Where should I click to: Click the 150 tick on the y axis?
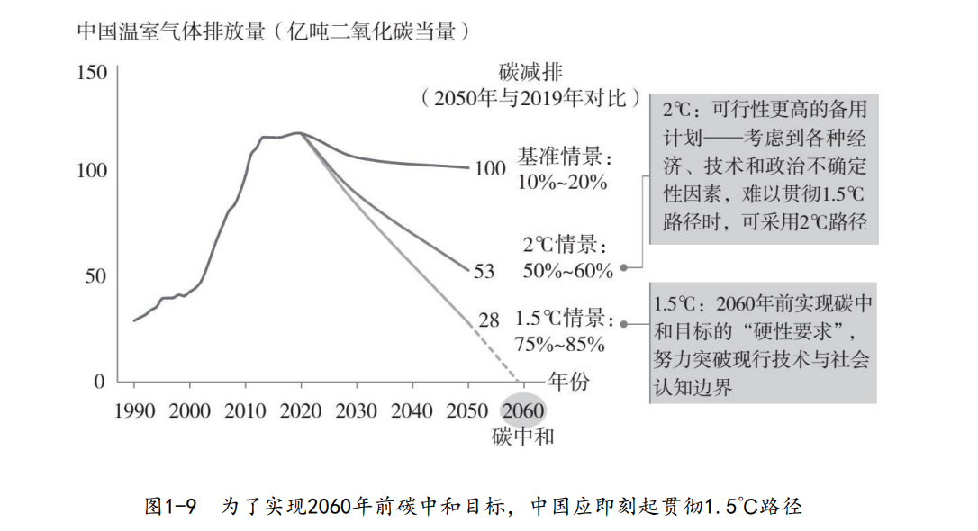pyautogui.click(x=92, y=73)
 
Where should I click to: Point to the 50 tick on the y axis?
pyautogui.click(x=95, y=275)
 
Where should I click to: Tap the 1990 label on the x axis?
pyautogui.click(x=135, y=411)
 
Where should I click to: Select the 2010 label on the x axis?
pyautogui.click(x=246, y=411)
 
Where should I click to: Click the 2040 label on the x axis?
pyautogui.click(x=412, y=411)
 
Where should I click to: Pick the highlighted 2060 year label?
pyautogui.click(x=523, y=411)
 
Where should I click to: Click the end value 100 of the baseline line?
pyautogui.click(x=490, y=168)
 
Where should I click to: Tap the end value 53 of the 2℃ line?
pyautogui.click(x=484, y=270)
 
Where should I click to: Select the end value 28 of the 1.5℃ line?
pyautogui.click(x=488, y=319)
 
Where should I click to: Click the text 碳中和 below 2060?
pyautogui.click(x=523, y=438)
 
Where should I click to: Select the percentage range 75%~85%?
pyautogui.click(x=560, y=344)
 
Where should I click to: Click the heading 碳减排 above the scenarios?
pyautogui.click(x=530, y=72)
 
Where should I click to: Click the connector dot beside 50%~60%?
pyautogui.click(x=624, y=267)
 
